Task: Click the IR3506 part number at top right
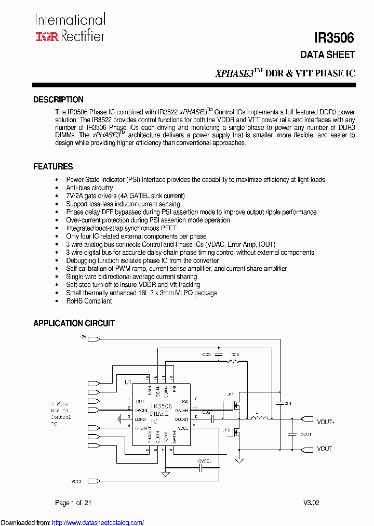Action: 334,38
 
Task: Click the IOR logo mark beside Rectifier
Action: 47,36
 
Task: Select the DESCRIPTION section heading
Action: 58,100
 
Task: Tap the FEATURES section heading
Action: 53,167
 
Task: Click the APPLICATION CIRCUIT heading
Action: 74,323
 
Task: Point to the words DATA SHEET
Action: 328,55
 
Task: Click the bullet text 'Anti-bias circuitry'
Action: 89,188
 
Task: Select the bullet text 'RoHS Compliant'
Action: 89,301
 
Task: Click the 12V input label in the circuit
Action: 83,338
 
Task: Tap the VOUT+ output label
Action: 326,422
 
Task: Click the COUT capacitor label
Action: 306,435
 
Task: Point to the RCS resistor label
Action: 235,354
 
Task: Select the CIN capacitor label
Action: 287,403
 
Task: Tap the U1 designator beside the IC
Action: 127,382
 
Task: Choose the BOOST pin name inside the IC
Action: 181,419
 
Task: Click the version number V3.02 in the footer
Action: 312,503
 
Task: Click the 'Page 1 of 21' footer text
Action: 73,503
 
